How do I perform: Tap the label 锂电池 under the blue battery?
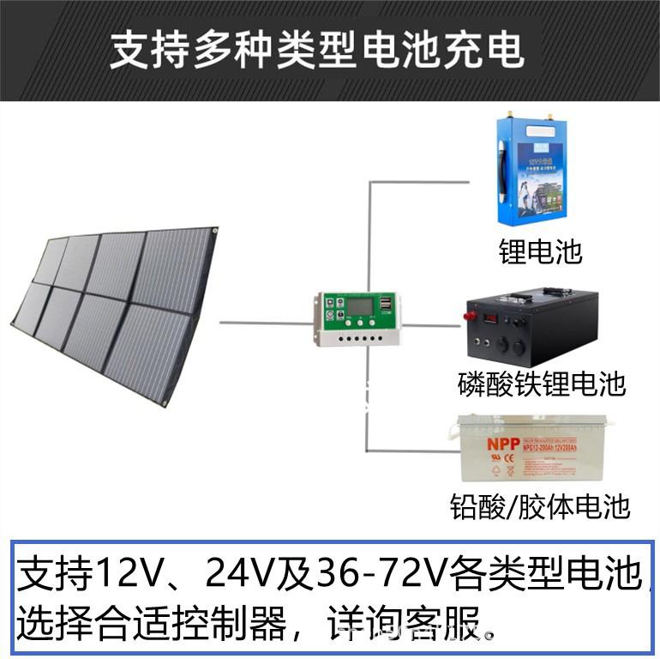(x=540, y=251)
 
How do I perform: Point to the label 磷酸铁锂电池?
(x=542, y=384)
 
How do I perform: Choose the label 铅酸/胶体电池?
(x=540, y=506)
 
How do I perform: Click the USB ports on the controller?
(x=386, y=304)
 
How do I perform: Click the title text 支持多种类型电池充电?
(x=317, y=50)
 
